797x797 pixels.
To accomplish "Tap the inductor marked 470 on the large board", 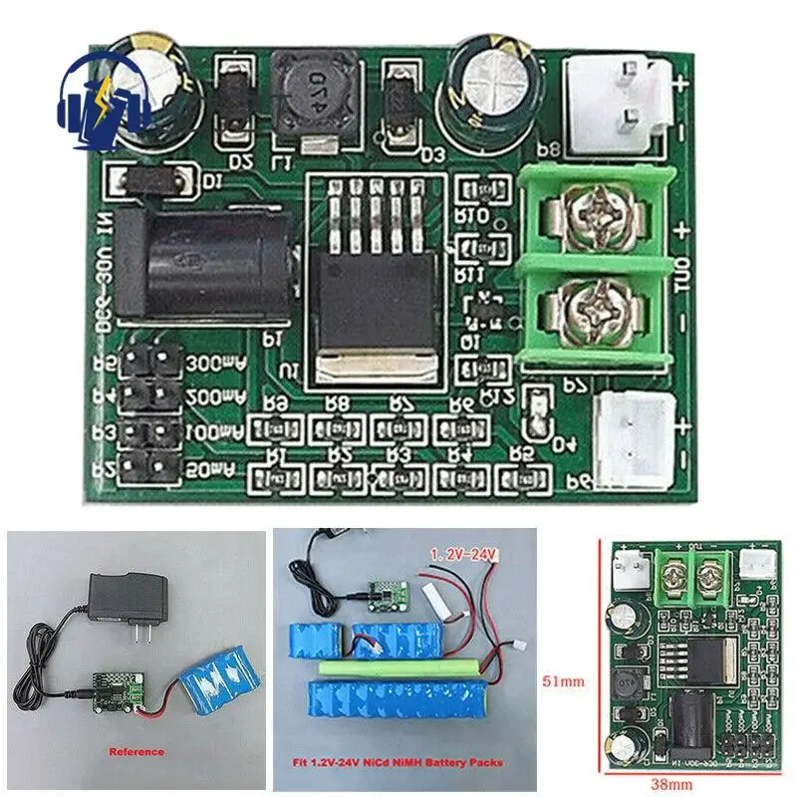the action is coord(307,89).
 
